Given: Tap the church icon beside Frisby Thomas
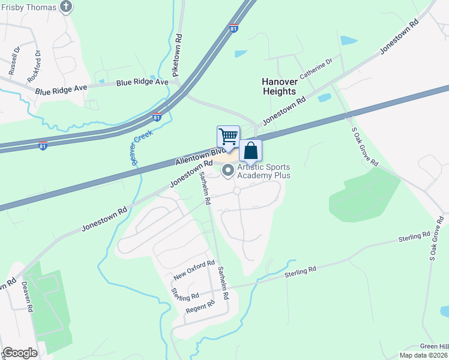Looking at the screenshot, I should point(67,7).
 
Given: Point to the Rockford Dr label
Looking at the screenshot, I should point(34,67).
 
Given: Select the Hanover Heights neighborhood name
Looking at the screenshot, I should point(279,86).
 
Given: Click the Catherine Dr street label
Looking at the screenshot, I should point(316,69).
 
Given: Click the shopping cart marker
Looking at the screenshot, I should point(228,137).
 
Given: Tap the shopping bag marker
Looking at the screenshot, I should point(251,151).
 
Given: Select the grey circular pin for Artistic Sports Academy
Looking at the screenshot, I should point(228,172).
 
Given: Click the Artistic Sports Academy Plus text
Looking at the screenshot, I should point(264,171).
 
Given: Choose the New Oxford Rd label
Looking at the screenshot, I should point(194,270).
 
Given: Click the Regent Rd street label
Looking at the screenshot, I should point(200,307).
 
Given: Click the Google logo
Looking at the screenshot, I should point(20,353).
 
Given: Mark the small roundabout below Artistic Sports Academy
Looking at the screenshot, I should point(237,190).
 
